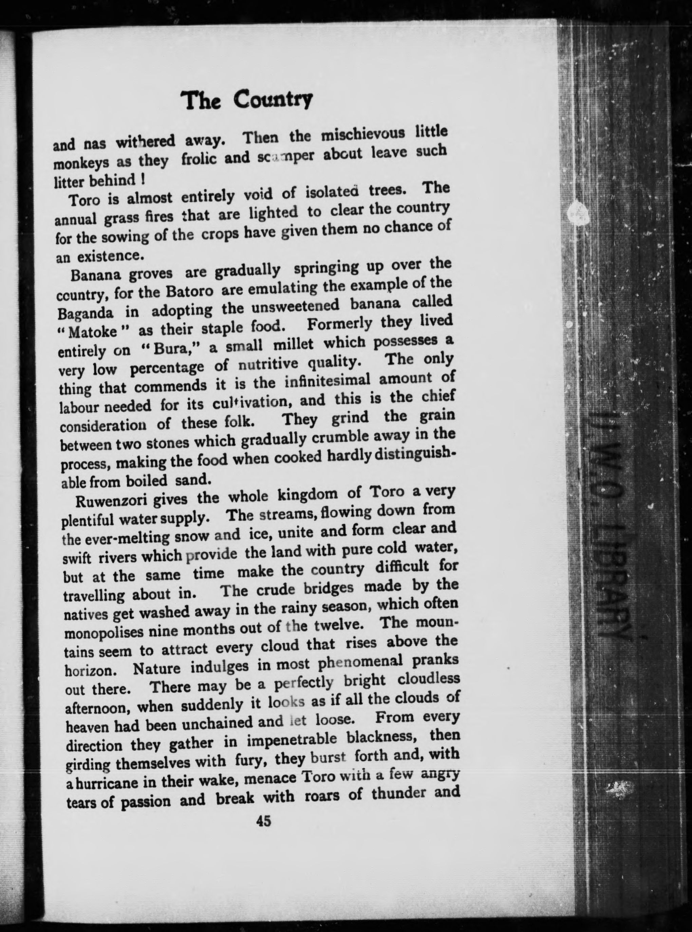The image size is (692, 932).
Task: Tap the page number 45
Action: pos(264,821)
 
